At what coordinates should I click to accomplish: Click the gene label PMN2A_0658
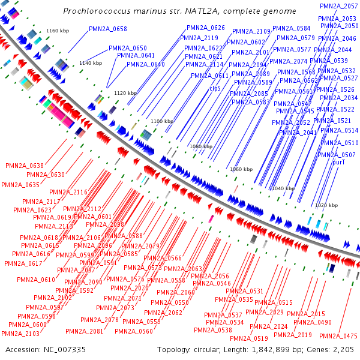click(x=108, y=29)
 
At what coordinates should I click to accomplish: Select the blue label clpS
click(x=215, y=89)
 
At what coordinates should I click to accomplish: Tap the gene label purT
click(x=339, y=161)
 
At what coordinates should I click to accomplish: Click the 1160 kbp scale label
click(x=58, y=31)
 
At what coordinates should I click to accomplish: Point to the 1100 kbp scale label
click(x=162, y=121)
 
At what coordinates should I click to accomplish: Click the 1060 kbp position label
click(x=242, y=169)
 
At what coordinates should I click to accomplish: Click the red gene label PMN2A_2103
click(x=20, y=333)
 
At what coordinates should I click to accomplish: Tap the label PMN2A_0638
click(x=25, y=166)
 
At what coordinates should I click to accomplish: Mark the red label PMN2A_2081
click(x=85, y=331)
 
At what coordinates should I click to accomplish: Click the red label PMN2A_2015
click(x=305, y=314)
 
